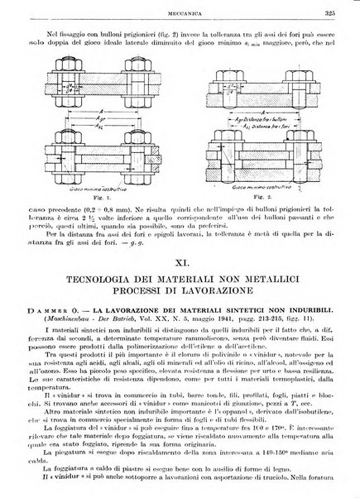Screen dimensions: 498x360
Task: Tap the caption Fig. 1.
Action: (x=99, y=199)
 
